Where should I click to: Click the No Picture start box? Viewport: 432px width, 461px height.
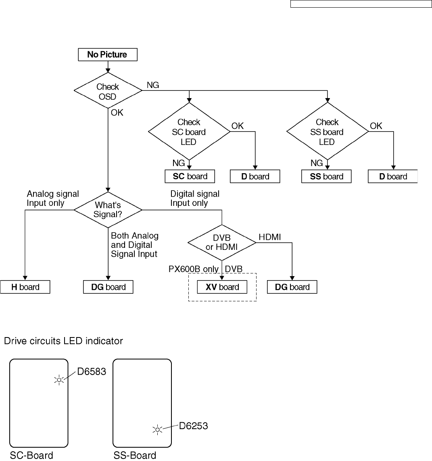pyautogui.click(x=108, y=54)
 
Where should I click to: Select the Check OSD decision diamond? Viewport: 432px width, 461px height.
pyautogui.click(x=108, y=90)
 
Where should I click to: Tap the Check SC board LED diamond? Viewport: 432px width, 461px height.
pyautogui.click(x=189, y=132)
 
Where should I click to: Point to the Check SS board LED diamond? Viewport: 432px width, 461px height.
pyautogui.click(x=328, y=132)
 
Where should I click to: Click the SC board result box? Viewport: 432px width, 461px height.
pyautogui.click(x=190, y=176)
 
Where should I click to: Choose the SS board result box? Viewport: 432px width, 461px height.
pyautogui.click(x=326, y=176)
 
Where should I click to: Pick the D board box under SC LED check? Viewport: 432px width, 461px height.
pyautogui.click(x=255, y=176)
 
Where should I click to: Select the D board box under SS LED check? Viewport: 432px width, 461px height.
pyautogui.click(x=392, y=176)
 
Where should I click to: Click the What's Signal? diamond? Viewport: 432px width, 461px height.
pyautogui.click(x=108, y=210)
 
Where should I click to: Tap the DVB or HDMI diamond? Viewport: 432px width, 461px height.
pyautogui.click(x=222, y=243)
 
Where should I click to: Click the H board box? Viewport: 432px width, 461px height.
pyautogui.click(x=25, y=287)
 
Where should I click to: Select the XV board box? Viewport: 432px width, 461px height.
pyautogui.click(x=222, y=287)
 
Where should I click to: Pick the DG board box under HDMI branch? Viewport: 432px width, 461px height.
pyautogui.click(x=292, y=287)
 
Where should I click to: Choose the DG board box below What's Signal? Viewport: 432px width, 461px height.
pyautogui.click(x=108, y=287)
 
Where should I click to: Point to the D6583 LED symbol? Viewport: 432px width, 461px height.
pyautogui.click(x=59, y=380)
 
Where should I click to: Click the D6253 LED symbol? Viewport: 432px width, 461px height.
pyautogui.click(x=157, y=430)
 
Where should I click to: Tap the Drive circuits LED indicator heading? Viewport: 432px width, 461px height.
pyautogui.click(x=63, y=341)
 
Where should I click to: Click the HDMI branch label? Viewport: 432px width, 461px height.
pyautogui.click(x=269, y=237)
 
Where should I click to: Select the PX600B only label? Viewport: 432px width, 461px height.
pyautogui.click(x=193, y=269)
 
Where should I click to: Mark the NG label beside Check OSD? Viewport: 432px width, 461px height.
pyautogui.click(x=153, y=85)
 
